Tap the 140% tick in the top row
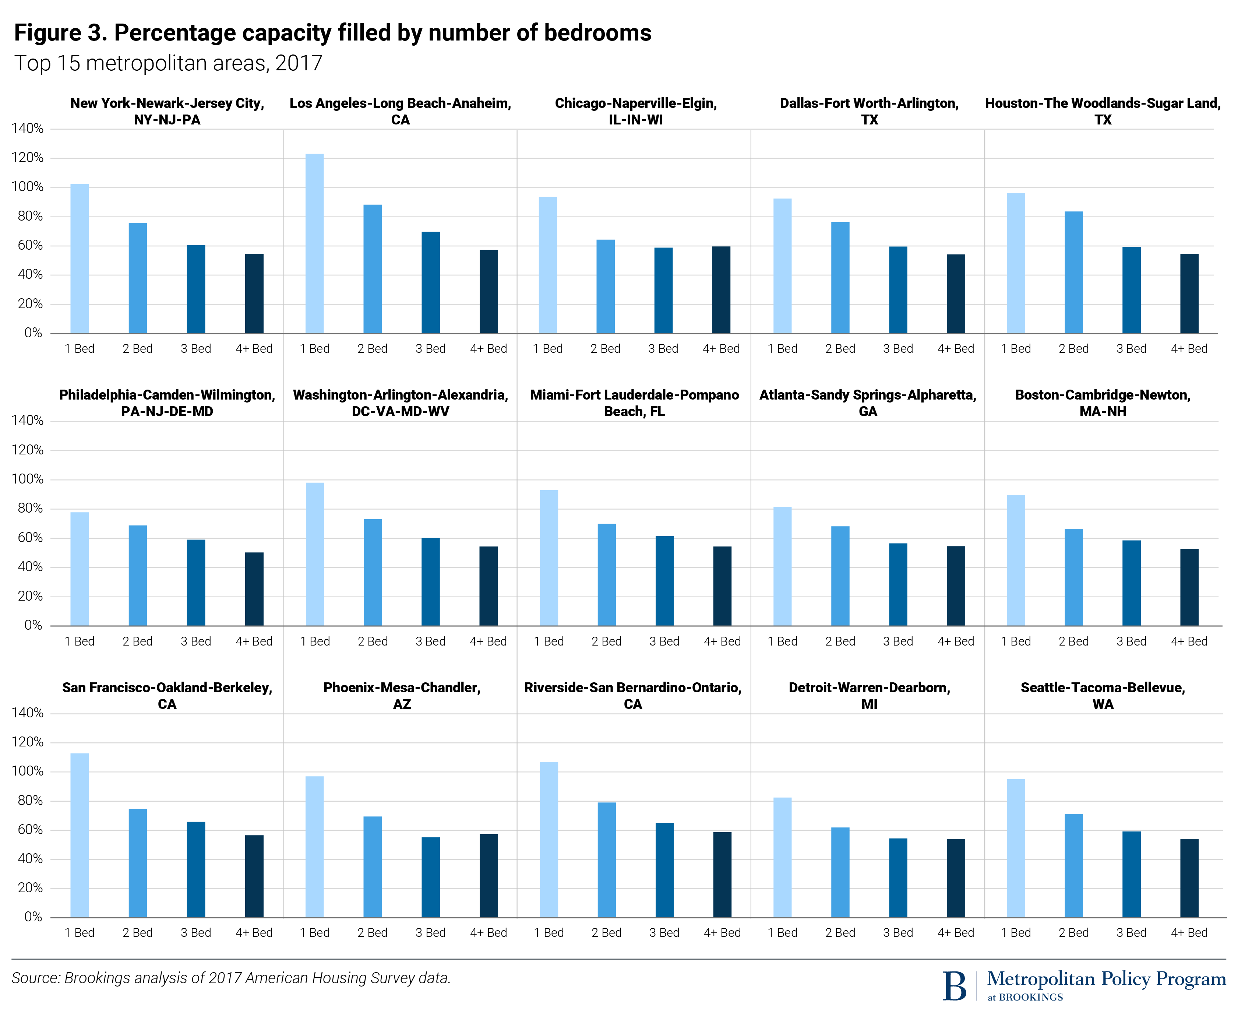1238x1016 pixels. (27, 129)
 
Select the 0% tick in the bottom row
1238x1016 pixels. (33, 917)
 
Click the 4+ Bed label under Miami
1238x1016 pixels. (722, 641)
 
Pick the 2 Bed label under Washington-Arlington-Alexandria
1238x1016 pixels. (373, 641)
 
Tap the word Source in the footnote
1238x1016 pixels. (35, 978)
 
